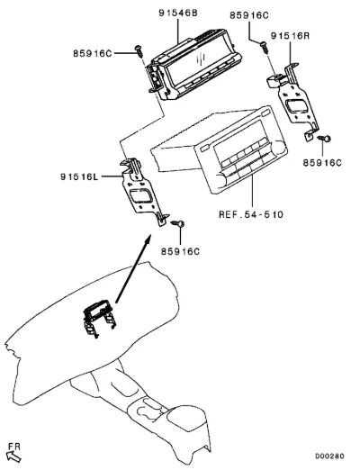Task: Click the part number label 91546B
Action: [x=178, y=14]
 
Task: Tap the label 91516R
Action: [x=290, y=36]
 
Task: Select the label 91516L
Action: [x=79, y=176]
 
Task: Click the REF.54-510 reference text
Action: [x=251, y=214]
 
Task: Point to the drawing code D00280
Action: [x=329, y=456]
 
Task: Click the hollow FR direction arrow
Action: [x=13, y=456]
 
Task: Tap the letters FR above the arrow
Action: [x=14, y=447]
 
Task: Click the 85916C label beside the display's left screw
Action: [x=93, y=53]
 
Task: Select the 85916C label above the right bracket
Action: [x=249, y=15]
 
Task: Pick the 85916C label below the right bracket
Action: [x=322, y=163]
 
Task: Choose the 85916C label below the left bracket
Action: [x=180, y=251]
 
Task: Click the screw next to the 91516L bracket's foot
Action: [x=177, y=223]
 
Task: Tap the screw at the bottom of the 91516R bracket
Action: [x=324, y=139]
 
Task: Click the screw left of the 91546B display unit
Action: [x=139, y=50]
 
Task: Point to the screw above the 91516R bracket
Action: [x=265, y=47]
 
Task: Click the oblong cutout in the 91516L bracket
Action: [x=140, y=195]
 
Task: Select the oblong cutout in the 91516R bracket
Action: [x=296, y=106]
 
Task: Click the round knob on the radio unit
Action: [x=280, y=147]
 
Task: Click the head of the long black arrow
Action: [x=148, y=240]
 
